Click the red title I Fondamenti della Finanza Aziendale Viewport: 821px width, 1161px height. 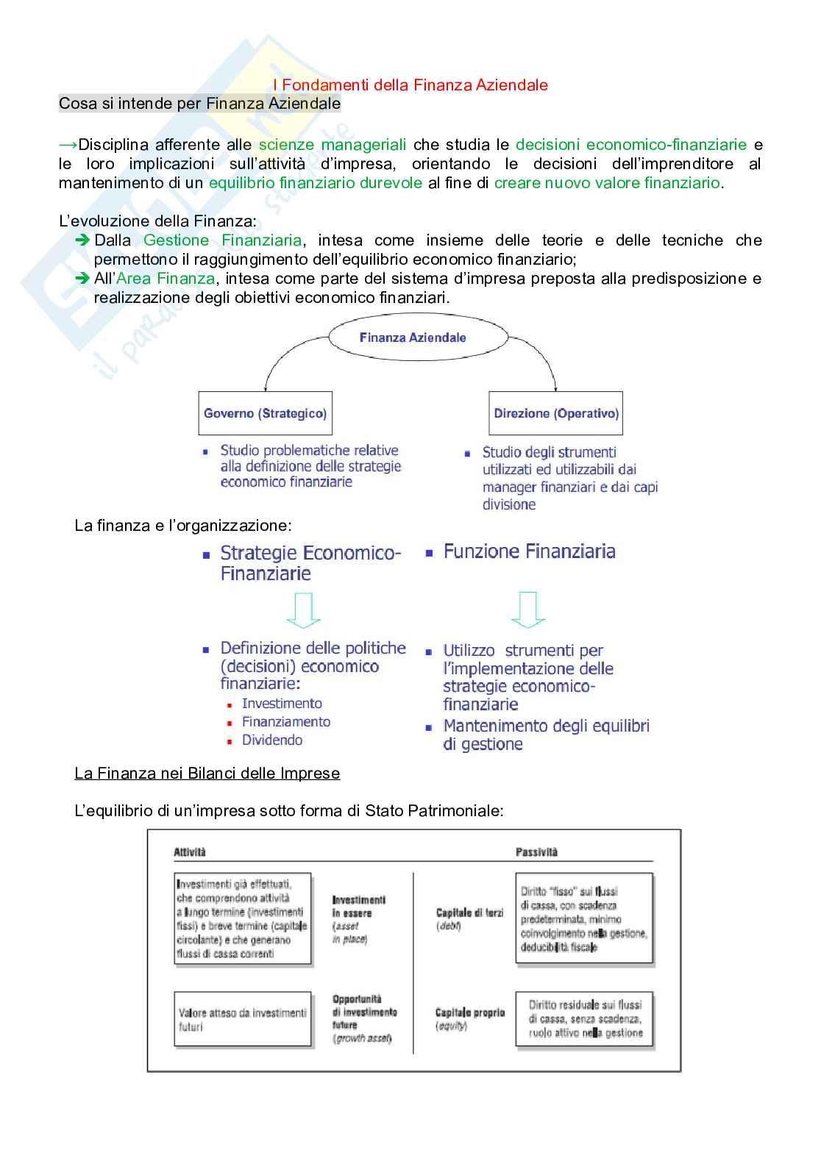pyautogui.click(x=410, y=85)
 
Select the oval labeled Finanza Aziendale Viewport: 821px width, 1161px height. pyautogui.click(x=413, y=337)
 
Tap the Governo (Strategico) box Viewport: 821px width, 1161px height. pyautogui.click(x=265, y=413)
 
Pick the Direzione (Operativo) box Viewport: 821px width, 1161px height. pyautogui.click(x=556, y=413)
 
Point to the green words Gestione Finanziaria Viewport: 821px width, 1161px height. pyautogui.click(x=222, y=240)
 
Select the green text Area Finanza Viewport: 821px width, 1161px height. pyautogui.click(x=166, y=279)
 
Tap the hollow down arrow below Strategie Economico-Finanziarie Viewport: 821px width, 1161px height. pyautogui.click(x=303, y=610)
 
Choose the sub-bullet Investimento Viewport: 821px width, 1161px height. pyautogui.click(x=282, y=704)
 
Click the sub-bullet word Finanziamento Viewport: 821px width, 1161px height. pyautogui.click(x=286, y=722)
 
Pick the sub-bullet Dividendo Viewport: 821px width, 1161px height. pyautogui.click(x=272, y=740)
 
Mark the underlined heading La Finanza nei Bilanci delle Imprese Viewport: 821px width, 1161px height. pyautogui.click(x=207, y=774)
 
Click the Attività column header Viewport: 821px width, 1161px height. pyautogui.click(x=190, y=852)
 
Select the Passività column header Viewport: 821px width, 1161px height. pyautogui.click(x=536, y=852)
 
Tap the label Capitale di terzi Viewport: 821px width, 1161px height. pyautogui.click(x=469, y=913)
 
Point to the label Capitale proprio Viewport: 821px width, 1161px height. pyautogui.click(x=469, y=1012)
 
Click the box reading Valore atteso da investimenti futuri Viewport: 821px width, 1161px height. pyautogui.click(x=243, y=1019)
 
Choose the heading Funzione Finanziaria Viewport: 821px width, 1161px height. pyautogui.click(x=529, y=551)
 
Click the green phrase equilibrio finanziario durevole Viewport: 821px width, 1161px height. pyautogui.click(x=315, y=183)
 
